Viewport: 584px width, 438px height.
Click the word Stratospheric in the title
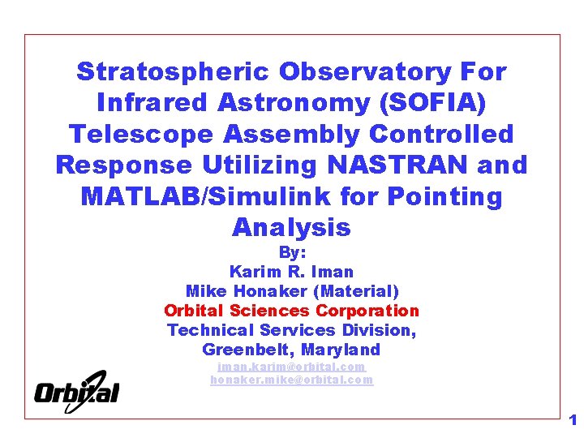(x=174, y=72)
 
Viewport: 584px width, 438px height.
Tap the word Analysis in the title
(x=291, y=228)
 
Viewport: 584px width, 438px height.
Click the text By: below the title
(x=292, y=253)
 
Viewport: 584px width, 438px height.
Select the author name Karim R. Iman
(x=292, y=272)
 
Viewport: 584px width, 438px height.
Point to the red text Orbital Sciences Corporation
(x=292, y=311)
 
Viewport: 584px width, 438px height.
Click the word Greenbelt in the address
(x=247, y=350)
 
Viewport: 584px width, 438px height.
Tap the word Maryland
(x=341, y=350)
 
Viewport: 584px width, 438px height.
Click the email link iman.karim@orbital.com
(x=292, y=367)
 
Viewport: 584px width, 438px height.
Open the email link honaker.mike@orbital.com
(x=292, y=380)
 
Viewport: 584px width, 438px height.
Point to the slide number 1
(x=573, y=420)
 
